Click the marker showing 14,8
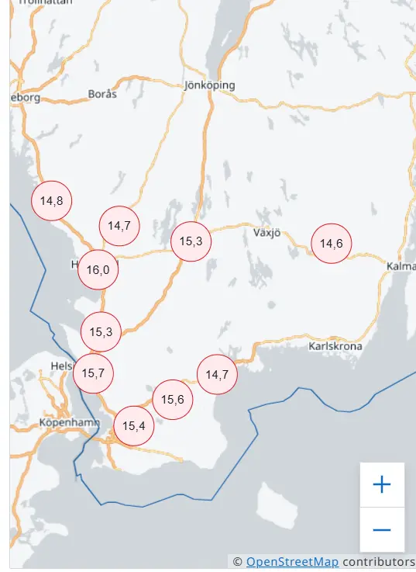(x=51, y=201)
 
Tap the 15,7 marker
(x=93, y=373)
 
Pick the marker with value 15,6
(x=173, y=400)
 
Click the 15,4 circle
(x=133, y=425)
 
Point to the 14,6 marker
(x=331, y=243)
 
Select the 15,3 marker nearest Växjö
(x=191, y=241)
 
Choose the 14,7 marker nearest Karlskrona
(x=217, y=375)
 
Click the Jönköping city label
(x=210, y=85)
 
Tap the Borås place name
(x=102, y=94)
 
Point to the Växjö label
(x=266, y=232)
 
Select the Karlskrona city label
(x=335, y=346)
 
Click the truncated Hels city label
(x=60, y=366)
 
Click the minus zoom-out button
(x=382, y=530)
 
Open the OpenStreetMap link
(x=292, y=562)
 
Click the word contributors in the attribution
(x=379, y=562)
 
